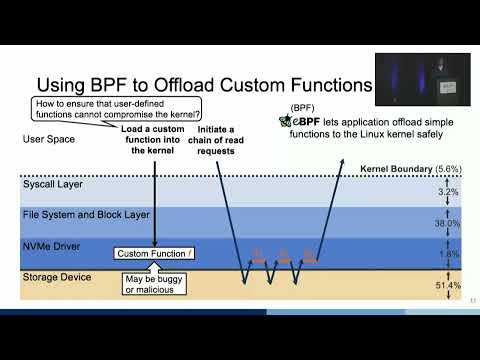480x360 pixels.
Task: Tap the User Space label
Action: tap(47, 139)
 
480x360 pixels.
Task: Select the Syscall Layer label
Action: tap(52, 185)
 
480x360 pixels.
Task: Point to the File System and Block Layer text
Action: tap(85, 215)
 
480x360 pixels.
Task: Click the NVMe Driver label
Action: tap(51, 245)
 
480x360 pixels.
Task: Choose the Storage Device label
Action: tap(57, 277)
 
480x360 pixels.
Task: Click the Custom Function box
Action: tap(154, 254)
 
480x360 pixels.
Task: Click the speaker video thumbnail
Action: tap(422, 79)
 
